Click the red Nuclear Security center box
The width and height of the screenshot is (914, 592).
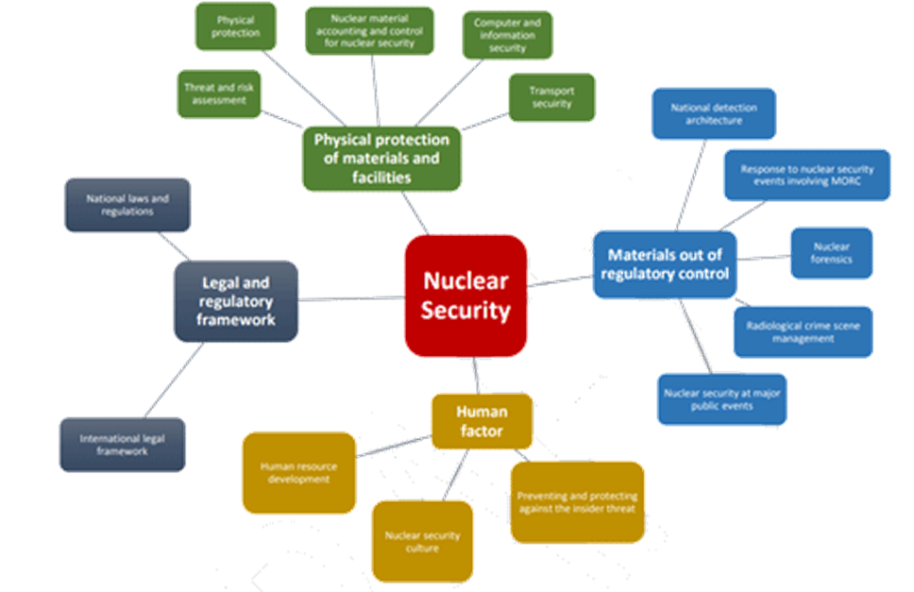(x=465, y=296)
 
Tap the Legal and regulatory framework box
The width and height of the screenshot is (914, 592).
(x=236, y=301)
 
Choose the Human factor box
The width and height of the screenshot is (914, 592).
(x=482, y=421)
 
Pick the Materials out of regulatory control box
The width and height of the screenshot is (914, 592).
(x=665, y=264)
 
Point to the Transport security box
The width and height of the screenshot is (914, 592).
(x=552, y=97)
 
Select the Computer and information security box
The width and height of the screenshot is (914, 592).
(x=507, y=35)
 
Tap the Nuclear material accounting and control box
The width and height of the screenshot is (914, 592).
(x=370, y=30)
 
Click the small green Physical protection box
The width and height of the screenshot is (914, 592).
(x=235, y=26)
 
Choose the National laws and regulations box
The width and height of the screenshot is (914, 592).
(x=127, y=205)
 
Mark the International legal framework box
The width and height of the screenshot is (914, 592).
(x=122, y=445)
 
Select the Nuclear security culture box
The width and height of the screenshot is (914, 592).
(x=422, y=541)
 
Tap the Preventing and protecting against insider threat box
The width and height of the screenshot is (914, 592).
(x=578, y=502)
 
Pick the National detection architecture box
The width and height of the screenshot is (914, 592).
(x=714, y=114)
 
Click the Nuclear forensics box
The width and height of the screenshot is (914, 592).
(x=831, y=253)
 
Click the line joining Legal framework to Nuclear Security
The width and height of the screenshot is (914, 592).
(x=351, y=298)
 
